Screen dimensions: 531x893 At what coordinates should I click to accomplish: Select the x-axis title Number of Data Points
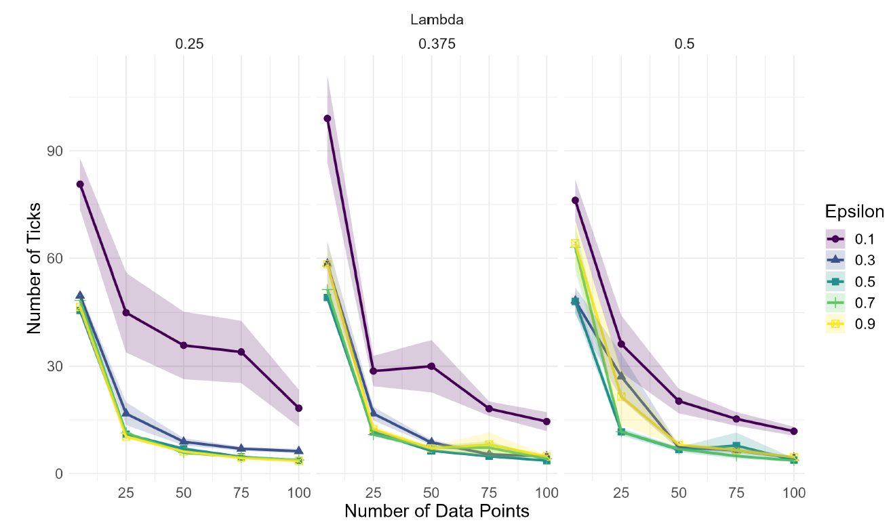[x=437, y=511]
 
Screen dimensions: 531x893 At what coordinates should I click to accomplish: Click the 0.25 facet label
[x=190, y=44]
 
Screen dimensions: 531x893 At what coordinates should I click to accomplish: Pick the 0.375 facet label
[x=437, y=44]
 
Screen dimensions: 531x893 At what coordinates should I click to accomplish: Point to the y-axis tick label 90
[x=54, y=151]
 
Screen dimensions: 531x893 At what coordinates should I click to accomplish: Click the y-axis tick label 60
[x=54, y=259]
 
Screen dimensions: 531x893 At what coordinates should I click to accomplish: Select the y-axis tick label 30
[x=54, y=366]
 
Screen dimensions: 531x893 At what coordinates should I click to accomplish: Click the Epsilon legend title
[x=854, y=211]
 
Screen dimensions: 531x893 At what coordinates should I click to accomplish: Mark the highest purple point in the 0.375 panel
[x=328, y=119]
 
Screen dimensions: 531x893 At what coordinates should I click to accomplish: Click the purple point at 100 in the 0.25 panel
[x=299, y=408]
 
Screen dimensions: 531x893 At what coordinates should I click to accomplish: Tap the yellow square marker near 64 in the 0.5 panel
[x=575, y=244]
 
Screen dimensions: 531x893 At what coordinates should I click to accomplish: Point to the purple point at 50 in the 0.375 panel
[x=431, y=366]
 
